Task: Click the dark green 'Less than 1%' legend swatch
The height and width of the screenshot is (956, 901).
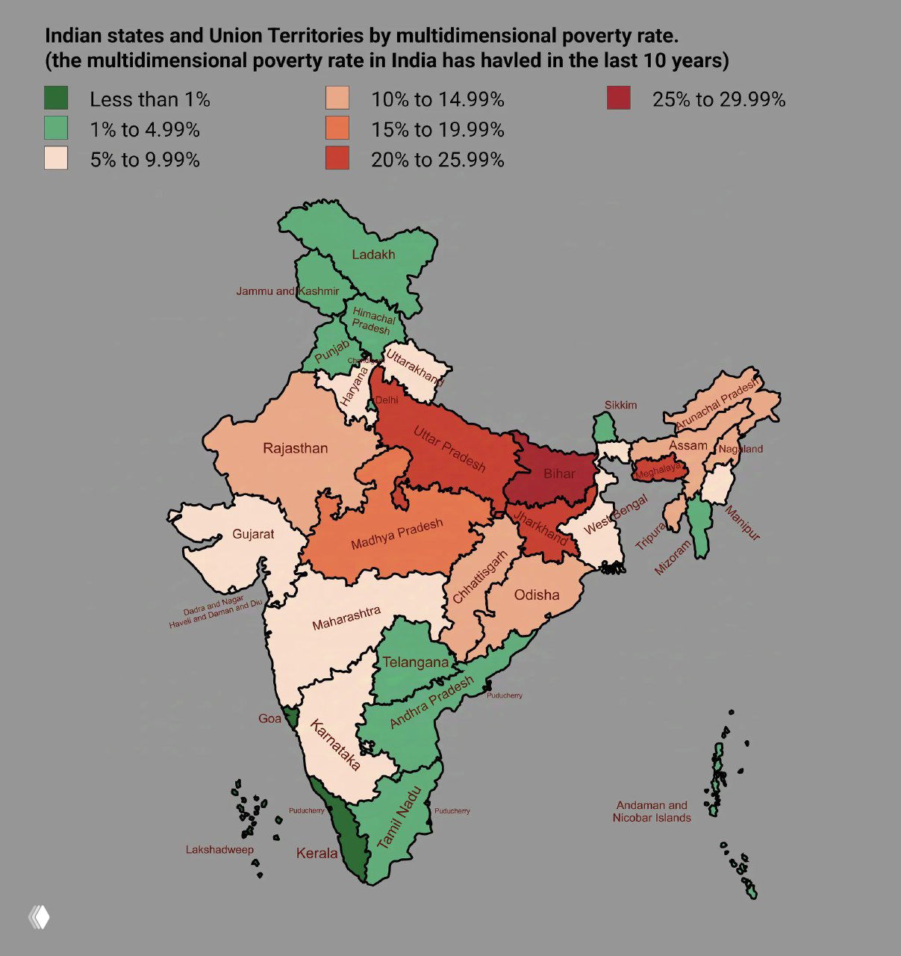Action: (56, 98)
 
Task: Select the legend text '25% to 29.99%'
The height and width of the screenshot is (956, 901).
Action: (718, 99)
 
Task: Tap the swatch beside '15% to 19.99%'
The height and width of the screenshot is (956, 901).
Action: (337, 128)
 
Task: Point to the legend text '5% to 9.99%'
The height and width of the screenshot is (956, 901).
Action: (145, 160)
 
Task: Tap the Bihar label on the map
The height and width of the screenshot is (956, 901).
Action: (559, 474)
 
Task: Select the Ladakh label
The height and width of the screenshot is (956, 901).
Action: (373, 255)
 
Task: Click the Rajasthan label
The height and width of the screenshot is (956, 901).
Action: (295, 449)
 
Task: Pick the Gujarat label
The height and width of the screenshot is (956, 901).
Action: (253, 534)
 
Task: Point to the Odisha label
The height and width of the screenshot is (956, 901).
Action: (537, 595)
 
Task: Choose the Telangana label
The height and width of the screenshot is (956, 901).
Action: (416, 662)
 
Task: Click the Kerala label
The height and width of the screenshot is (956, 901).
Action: (317, 853)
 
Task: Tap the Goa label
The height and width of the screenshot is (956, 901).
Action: (269, 718)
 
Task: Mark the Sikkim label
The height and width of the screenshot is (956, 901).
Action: (620, 405)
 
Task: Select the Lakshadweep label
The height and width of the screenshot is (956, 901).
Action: (219, 850)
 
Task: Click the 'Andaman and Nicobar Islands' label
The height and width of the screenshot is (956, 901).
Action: (652, 812)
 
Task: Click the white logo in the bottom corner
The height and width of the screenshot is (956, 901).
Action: (39, 917)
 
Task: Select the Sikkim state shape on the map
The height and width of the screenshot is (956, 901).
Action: (603, 429)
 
